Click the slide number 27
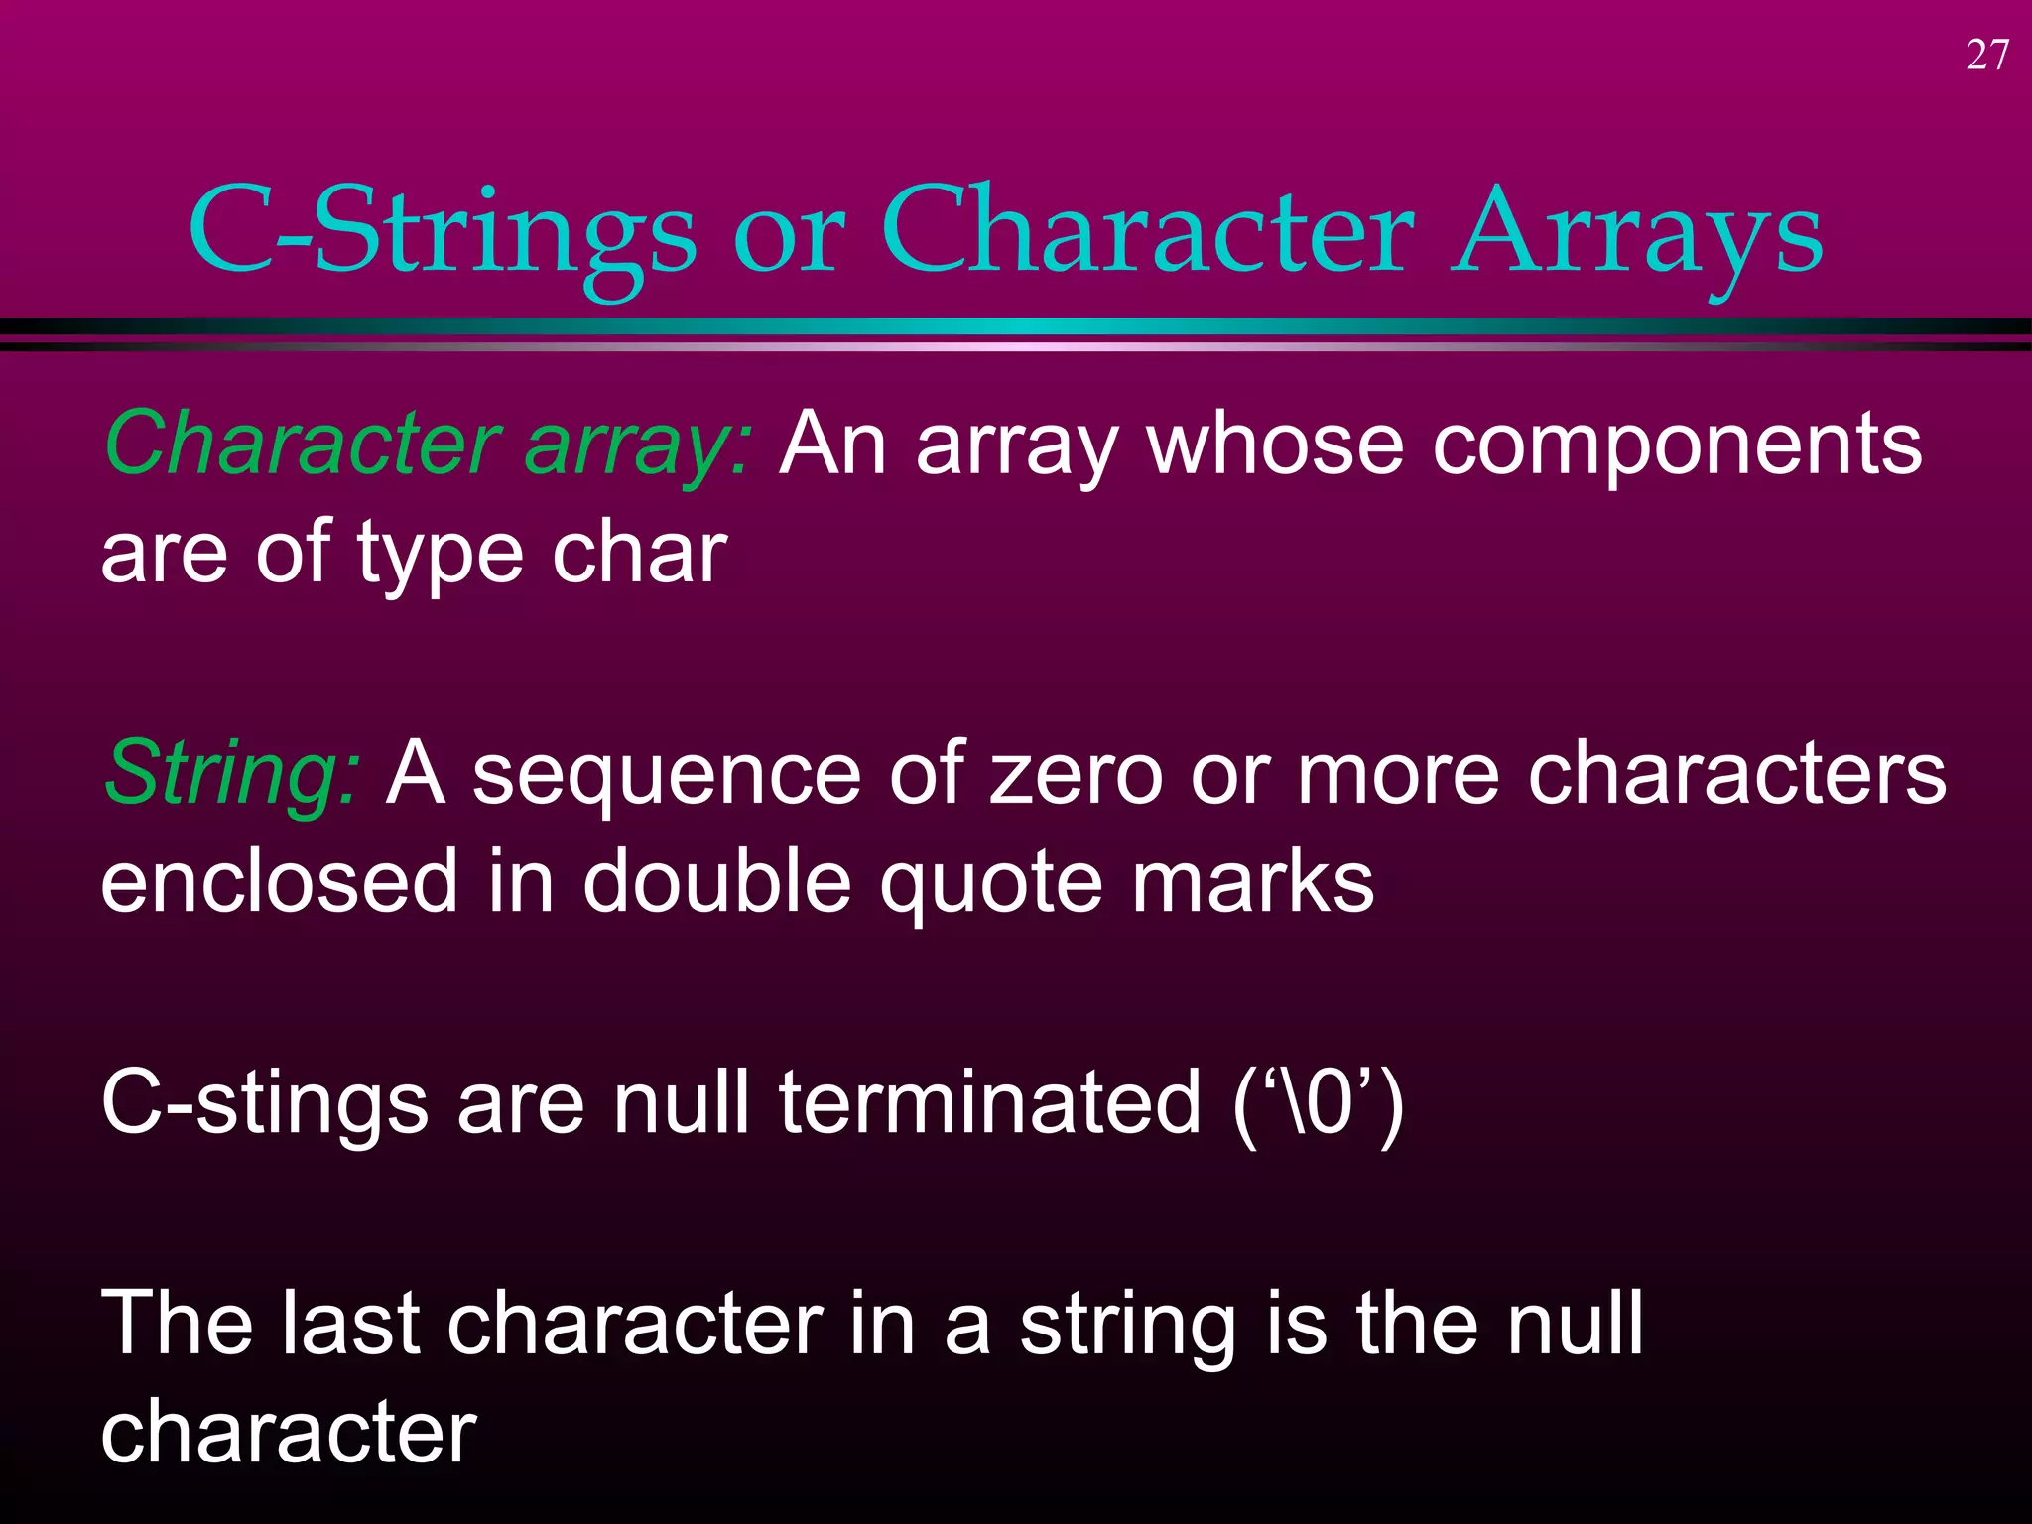tap(1987, 56)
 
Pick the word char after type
tap(639, 553)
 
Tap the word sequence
tap(666, 773)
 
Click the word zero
tap(1076, 773)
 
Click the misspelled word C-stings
tap(264, 1103)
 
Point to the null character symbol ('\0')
tap(1318, 1103)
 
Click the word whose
tap(1274, 444)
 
